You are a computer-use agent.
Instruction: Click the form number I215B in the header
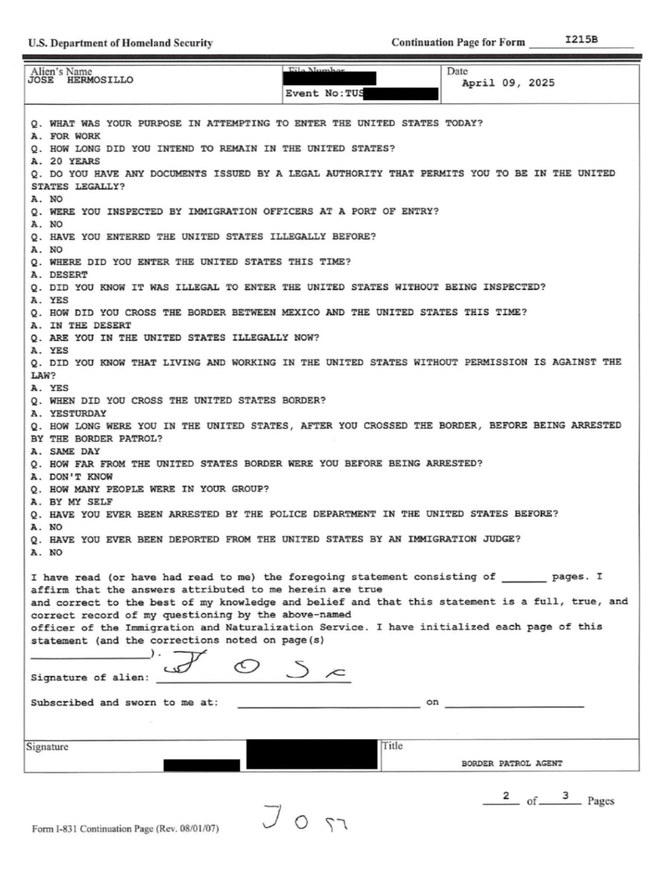pos(581,39)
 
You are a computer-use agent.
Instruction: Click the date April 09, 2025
pos(508,83)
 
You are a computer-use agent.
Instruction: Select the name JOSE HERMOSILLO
pos(80,80)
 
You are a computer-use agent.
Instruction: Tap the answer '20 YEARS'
pos(74,161)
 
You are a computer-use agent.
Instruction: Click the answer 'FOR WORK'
pos(75,136)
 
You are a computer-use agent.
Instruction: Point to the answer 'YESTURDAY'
pos(78,413)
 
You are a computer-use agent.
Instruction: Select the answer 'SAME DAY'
pos(74,451)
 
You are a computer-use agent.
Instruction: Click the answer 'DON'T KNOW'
pos(81,477)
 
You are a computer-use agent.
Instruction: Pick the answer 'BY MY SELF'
pos(81,502)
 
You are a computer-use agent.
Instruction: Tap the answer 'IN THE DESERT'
pos(90,325)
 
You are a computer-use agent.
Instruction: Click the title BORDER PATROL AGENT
pos(511,763)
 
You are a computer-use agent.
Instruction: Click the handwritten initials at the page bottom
pos(304,818)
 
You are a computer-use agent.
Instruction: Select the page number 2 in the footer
pos(505,796)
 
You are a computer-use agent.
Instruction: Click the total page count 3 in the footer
pos(565,796)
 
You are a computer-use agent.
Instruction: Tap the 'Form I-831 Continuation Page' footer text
pos(125,828)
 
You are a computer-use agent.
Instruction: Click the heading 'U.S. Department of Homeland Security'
pos(121,43)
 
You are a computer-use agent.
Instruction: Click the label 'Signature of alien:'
pos(89,678)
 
